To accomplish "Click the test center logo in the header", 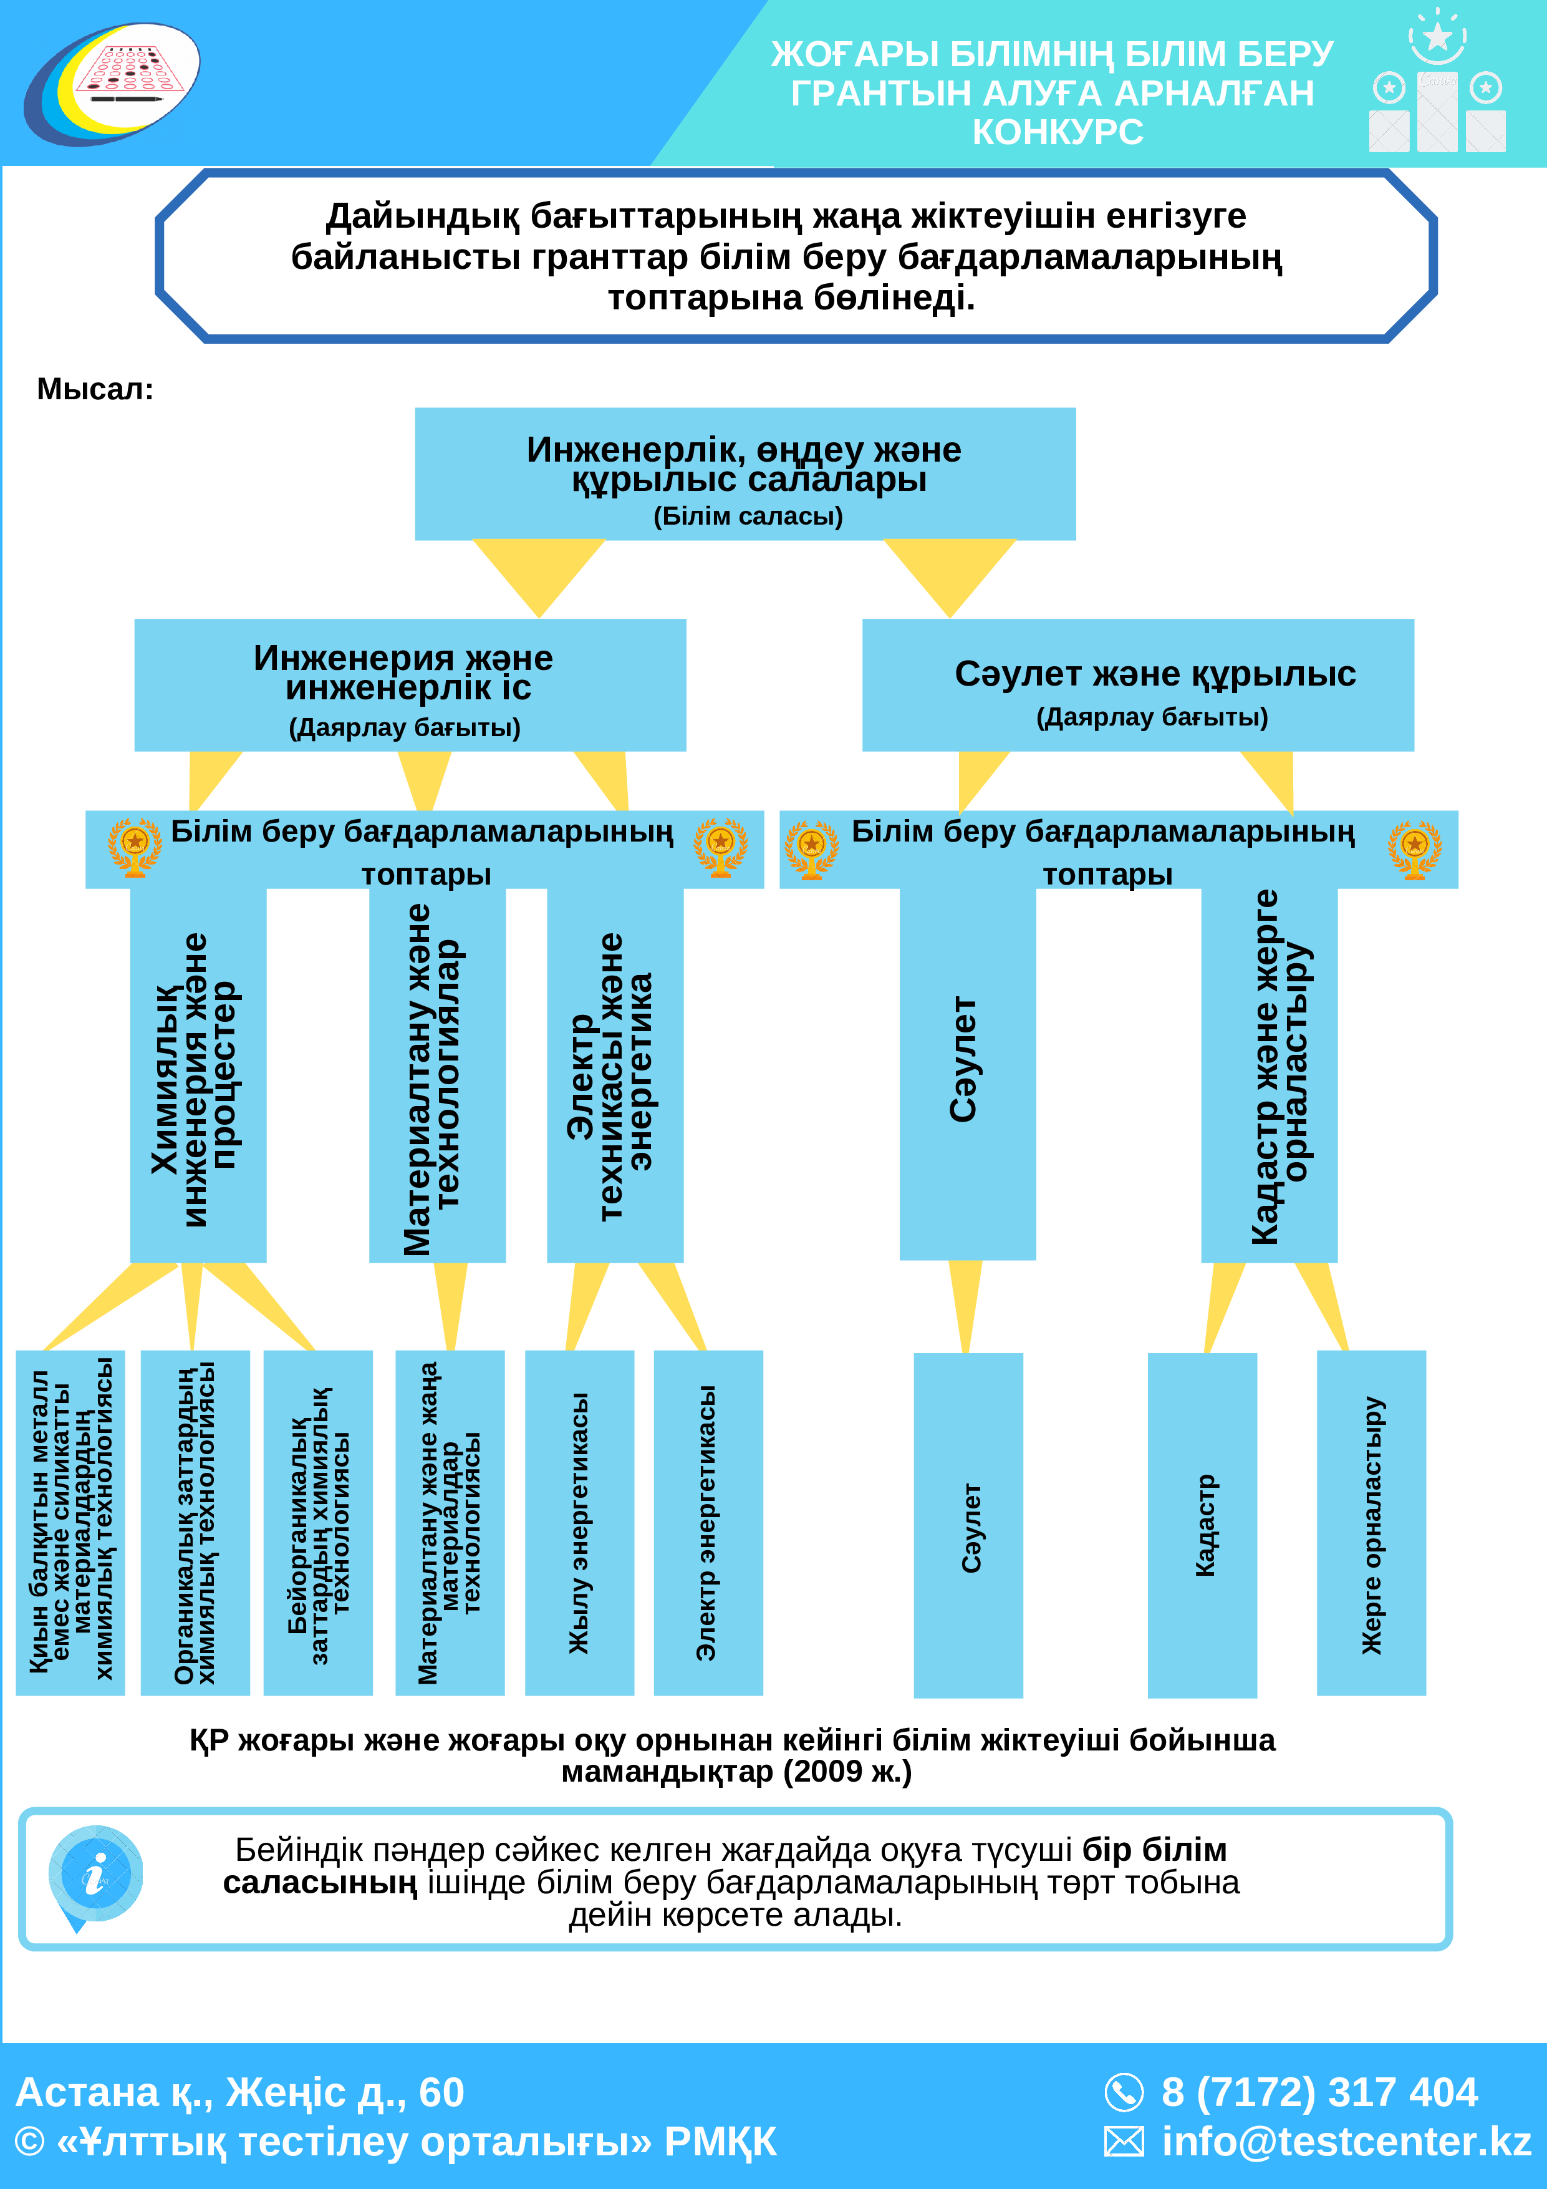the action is pos(112,84).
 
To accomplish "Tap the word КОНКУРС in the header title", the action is pos(1057,132).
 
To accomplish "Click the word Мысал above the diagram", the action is pos(94,389).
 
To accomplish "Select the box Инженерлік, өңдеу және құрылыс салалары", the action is pos(745,474).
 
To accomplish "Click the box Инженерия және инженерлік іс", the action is pos(410,684).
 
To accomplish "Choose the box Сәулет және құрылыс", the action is pos(1138,684).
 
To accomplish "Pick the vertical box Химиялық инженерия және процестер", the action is pos(198,1075).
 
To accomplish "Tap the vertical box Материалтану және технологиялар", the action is pos(438,1075).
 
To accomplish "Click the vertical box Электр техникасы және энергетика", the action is pos(615,1075).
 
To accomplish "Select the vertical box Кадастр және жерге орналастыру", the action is pos(1269,1075).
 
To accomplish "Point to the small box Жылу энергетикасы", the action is pos(579,1523).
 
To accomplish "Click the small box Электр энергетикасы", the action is pos(708,1523).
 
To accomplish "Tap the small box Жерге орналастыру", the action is pos(1372,1523).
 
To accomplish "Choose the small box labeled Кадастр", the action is pos(1202,1525).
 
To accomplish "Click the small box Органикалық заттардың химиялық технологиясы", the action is pos(195,1523).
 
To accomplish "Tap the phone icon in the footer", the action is pos(1124,2093).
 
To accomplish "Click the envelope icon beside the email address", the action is pos(1124,2142).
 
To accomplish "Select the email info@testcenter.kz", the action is pos(1346,2142).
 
